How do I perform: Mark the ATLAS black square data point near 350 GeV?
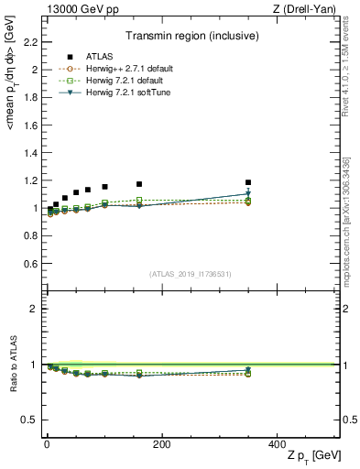(x=247, y=182)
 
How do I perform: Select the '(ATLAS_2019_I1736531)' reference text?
(x=191, y=273)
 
